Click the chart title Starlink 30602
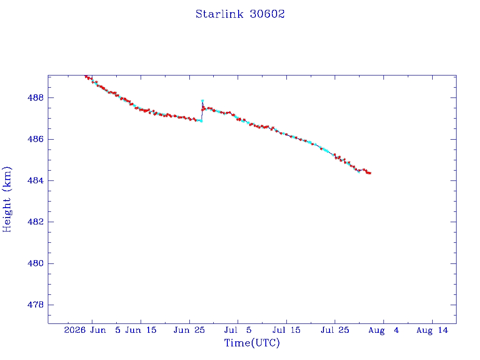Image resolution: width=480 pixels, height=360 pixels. [240, 14]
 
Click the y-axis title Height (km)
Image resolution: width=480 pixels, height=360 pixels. [7, 199]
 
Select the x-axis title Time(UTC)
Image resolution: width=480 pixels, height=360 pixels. [252, 343]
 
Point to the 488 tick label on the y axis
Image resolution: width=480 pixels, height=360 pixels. [36, 97]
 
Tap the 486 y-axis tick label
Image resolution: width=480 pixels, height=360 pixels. [36, 139]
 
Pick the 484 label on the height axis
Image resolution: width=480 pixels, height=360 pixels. [36, 180]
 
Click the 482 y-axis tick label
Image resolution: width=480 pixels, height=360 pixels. [36, 222]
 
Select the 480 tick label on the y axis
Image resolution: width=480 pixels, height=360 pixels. [36, 263]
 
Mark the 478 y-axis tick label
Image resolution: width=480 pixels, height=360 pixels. [36, 305]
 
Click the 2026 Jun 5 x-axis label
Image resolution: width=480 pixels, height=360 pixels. [92, 330]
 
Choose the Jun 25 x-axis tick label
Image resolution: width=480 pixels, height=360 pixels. [189, 330]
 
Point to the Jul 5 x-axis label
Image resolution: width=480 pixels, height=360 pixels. [238, 330]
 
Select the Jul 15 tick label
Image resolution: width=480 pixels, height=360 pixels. [286, 330]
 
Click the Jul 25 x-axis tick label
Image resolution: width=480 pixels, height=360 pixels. [335, 330]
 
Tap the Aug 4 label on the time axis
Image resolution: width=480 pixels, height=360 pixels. [383, 330]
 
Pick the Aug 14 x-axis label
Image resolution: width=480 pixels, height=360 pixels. [432, 330]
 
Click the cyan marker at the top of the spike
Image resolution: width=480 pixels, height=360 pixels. [202, 101]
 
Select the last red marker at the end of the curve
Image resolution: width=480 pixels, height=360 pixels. [370, 173]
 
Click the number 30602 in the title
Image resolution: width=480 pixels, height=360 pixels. [267, 14]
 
